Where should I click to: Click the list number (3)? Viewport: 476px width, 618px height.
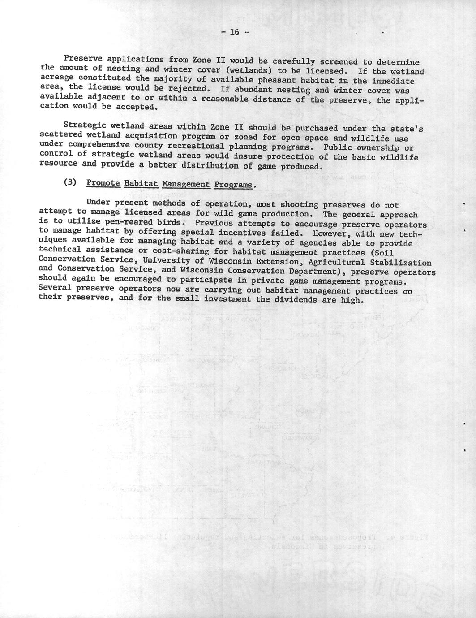72,183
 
